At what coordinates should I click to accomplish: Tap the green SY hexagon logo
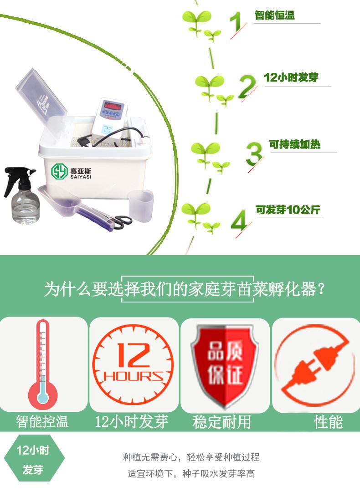(59, 171)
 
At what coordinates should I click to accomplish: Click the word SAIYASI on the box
(81, 177)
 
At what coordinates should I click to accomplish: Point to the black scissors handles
(122, 221)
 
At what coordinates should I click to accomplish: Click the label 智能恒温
(275, 15)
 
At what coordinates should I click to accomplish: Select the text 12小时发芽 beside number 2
(291, 77)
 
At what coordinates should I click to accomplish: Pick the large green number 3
(254, 154)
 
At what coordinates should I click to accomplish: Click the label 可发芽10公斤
(288, 210)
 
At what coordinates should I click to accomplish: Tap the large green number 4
(239, 220)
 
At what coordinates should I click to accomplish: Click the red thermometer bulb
(43, 395)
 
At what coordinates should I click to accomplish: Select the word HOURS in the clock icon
(133, 376)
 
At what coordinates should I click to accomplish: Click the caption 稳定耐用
(221, 422)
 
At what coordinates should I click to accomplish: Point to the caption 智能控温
(42, 422)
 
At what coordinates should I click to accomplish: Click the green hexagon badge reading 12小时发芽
(34, 458)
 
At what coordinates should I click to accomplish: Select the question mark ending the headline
(321, 289)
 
